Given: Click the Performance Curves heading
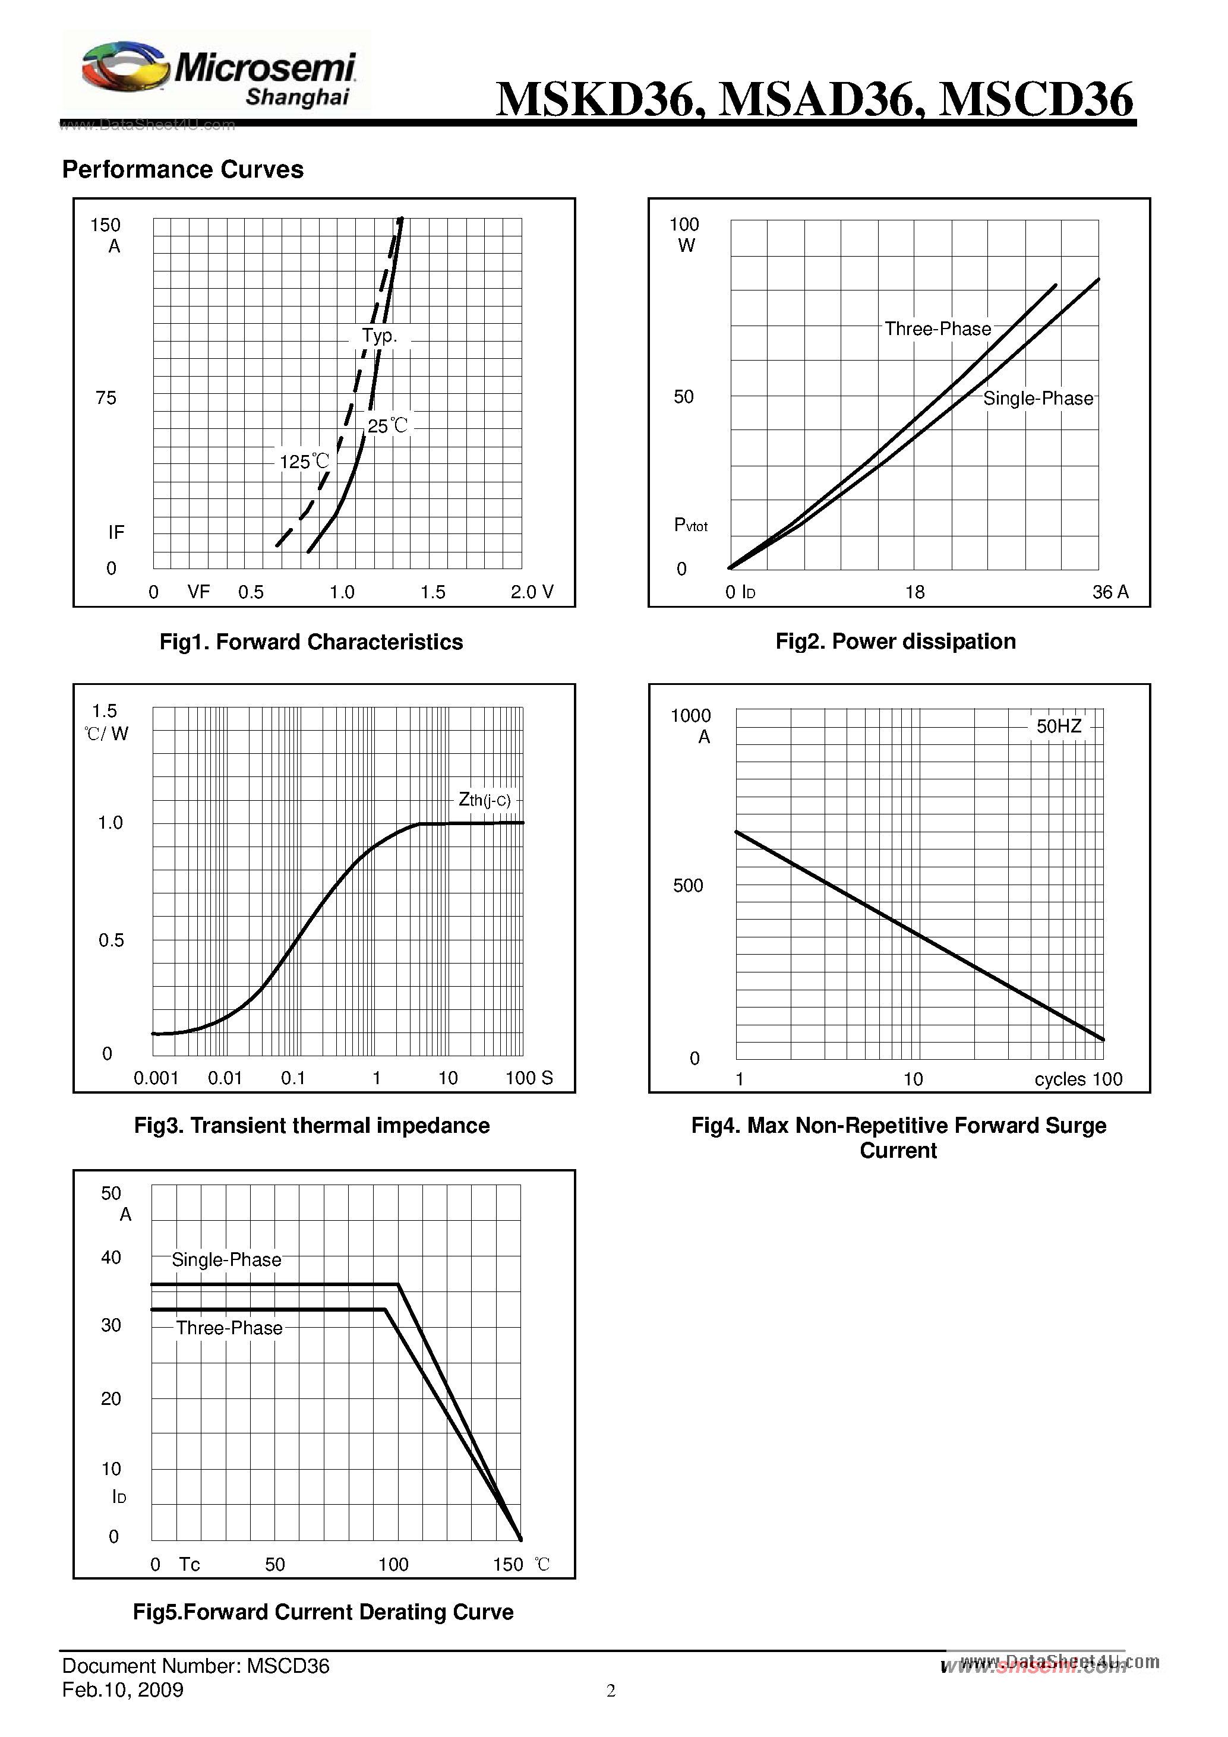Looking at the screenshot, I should tap(182, 169).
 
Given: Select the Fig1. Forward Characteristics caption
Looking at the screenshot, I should tap(311, 642).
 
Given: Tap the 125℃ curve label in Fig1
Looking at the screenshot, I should tap(304, 462).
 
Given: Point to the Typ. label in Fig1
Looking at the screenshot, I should tap(379, 336).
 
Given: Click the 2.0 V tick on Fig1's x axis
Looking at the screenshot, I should tap(531, 592).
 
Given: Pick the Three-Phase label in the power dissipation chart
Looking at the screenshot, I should tap(937, 329).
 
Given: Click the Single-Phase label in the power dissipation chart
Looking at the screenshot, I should tap(1037, 399).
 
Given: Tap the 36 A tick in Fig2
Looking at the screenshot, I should tap(1110, 592).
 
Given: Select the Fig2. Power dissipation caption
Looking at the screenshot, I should tap(895, 642).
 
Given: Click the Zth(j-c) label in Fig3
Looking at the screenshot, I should tap(484, 800).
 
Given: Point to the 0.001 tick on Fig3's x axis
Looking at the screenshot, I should tap(156, 1078).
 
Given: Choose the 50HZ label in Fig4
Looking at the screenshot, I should tap(1059, 727).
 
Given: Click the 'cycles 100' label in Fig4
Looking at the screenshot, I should tap(1078, 1079).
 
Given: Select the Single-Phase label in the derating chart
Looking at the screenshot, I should tap(226, 1259).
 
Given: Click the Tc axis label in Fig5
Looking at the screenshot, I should tap(189, 1565).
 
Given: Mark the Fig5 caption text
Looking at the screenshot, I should tap(323, 1612).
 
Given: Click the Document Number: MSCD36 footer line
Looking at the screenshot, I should tap(195, 1666).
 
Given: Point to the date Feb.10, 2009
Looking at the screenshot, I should tap(122, 1690).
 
